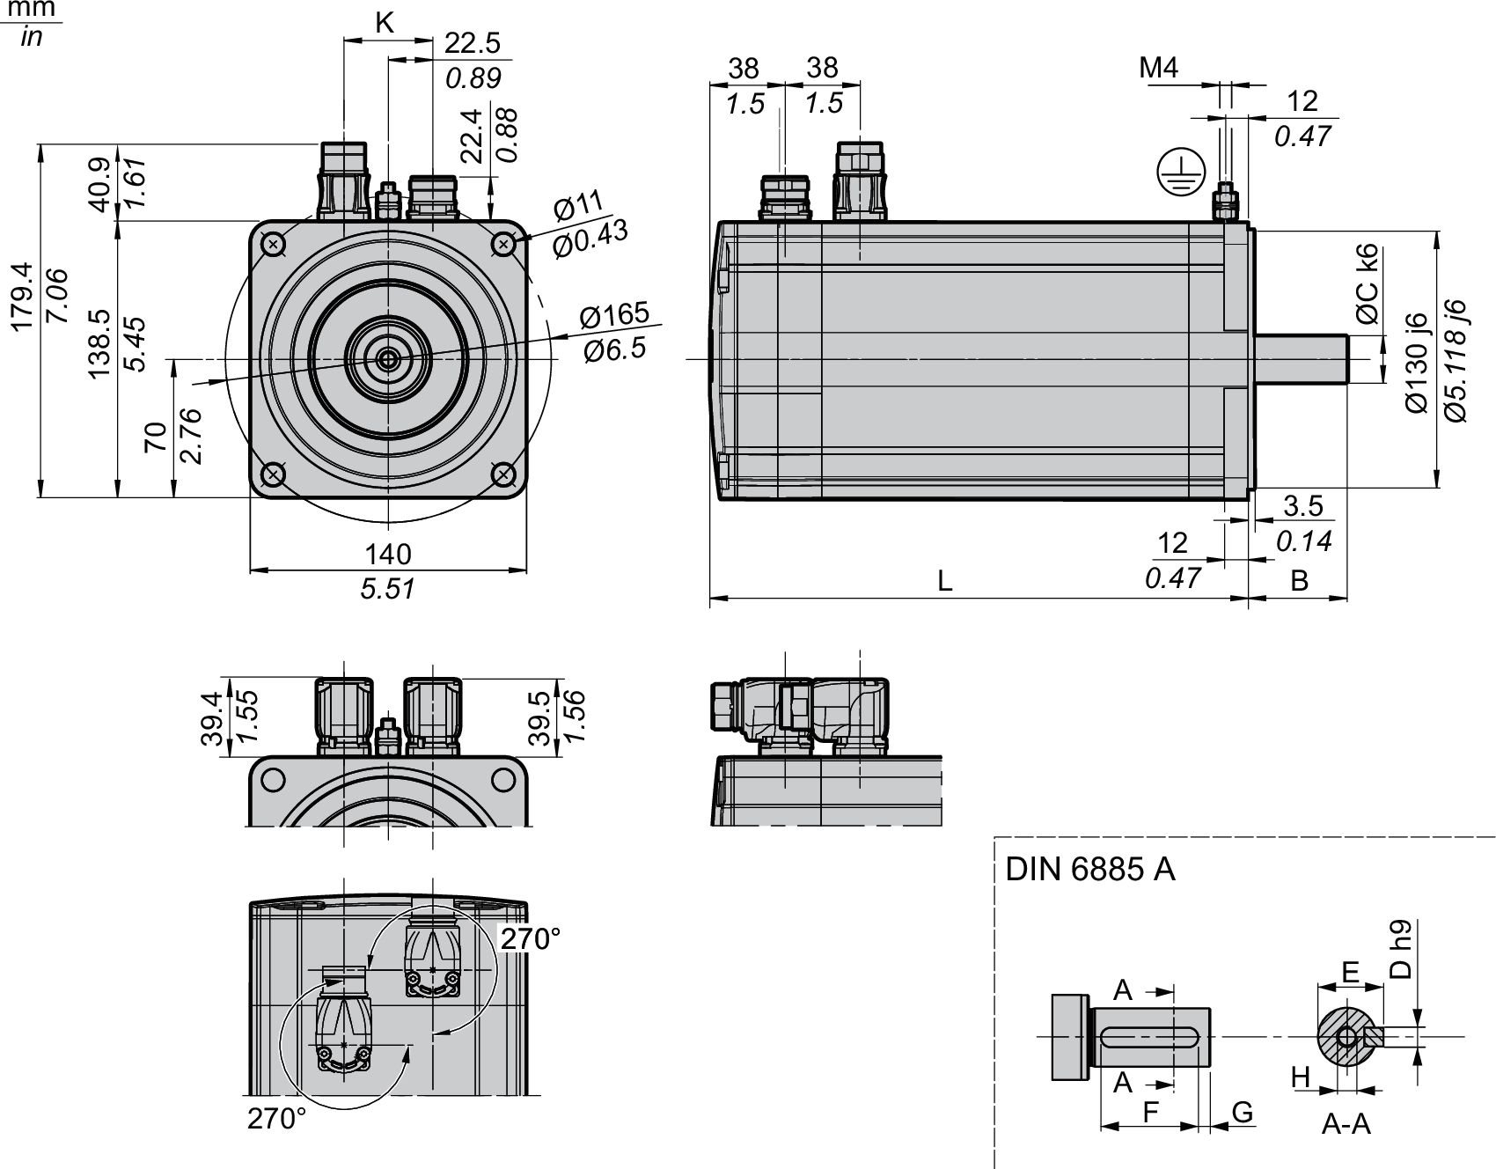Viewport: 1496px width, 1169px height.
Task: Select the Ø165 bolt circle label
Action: [x=614, y=314]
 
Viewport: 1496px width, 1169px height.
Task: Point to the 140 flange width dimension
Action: [x=388, y=554]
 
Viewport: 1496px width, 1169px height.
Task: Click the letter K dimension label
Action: [x=385, y=24]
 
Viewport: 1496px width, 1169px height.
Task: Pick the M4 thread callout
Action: [x=1158, y=68]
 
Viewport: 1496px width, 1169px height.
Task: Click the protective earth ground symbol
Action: [x=1177, y=172]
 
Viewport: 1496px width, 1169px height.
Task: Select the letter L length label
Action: [x=945, y=580]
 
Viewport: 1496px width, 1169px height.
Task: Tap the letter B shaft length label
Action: [x=1299, y=580]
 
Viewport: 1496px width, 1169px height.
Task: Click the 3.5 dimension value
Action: [x=1303, y=506]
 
